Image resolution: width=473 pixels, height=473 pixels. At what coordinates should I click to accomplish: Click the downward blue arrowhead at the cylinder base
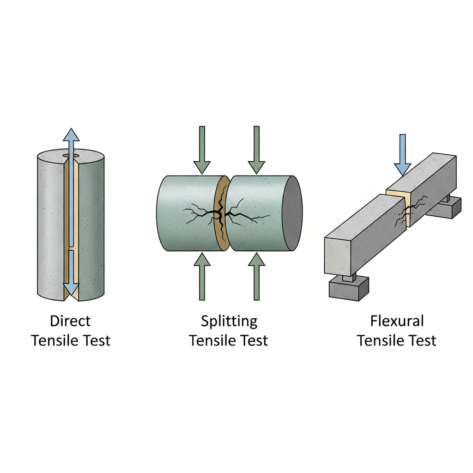71,290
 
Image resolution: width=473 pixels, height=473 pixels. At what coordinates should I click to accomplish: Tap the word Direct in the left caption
70,321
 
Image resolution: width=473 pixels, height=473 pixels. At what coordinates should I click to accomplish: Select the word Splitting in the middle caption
229,321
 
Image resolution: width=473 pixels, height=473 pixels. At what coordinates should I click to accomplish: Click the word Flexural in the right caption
397,321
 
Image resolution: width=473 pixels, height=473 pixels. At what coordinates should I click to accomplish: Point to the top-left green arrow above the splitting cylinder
202,150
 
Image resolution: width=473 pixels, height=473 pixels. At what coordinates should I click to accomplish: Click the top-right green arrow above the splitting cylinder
256,150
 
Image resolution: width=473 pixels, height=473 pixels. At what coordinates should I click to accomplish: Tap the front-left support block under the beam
348,288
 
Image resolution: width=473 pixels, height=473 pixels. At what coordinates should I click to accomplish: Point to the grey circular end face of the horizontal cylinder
292,213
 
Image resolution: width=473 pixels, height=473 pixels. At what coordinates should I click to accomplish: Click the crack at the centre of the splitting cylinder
221,213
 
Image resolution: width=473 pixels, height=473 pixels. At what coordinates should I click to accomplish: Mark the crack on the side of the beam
406,212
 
